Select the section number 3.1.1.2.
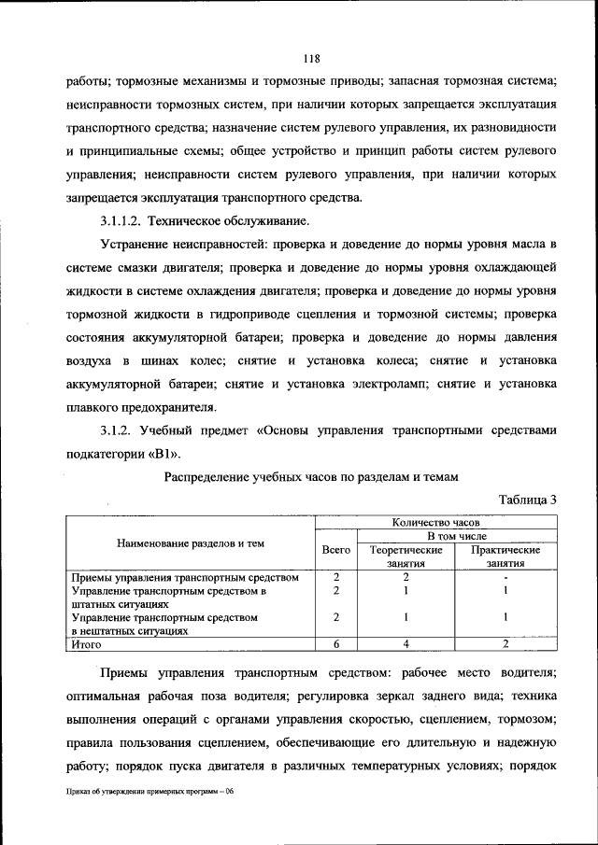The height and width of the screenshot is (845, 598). [122, 221]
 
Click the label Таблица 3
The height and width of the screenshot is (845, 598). [527, 500]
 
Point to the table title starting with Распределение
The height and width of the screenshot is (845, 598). [311, 477]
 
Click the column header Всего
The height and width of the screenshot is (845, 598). [335, 551]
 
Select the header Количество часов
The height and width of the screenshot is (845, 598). [434, 524]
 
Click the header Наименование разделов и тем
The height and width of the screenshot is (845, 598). [190, 543]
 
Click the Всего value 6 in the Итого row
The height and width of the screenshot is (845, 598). [335, 643]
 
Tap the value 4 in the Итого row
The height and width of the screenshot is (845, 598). [406, 643]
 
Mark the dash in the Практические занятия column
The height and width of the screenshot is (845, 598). [505, 578]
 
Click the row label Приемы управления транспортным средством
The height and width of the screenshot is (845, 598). [185, 577]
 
